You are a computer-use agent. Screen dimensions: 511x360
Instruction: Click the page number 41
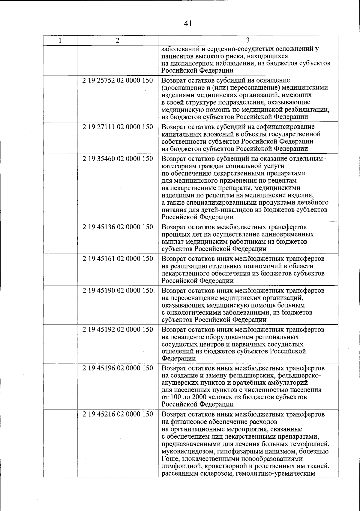pyautogui.click(x=188, y=23)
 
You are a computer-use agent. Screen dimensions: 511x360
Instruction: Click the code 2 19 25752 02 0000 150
pyautogui.click(x=118, y=80)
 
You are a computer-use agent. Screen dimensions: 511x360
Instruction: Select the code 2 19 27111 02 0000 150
pyautogui.click(x=118, y=127)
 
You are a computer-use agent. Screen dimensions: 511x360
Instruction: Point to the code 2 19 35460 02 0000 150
pyautogui.click(x=118, y=159)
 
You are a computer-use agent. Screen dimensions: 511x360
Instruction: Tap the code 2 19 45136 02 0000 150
pyautogui.click(x=118, y=227)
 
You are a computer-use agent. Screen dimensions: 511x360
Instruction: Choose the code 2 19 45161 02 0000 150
pyautogui.click(x=118, y=259)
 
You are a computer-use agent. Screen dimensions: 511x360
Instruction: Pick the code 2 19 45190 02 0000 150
pyautogui.click(x=118, y=291)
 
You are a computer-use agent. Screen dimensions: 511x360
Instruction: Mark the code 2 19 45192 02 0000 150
pyautogui.click(x=118, y=329)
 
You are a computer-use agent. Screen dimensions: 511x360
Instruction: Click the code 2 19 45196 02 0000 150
pyautogui.click(x=118, y=368)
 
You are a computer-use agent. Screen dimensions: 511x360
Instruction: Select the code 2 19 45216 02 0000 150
pyautogui.click(x=118, y=414)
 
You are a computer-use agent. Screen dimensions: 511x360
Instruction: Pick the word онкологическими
pyautogui.click(x=192, y=313)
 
